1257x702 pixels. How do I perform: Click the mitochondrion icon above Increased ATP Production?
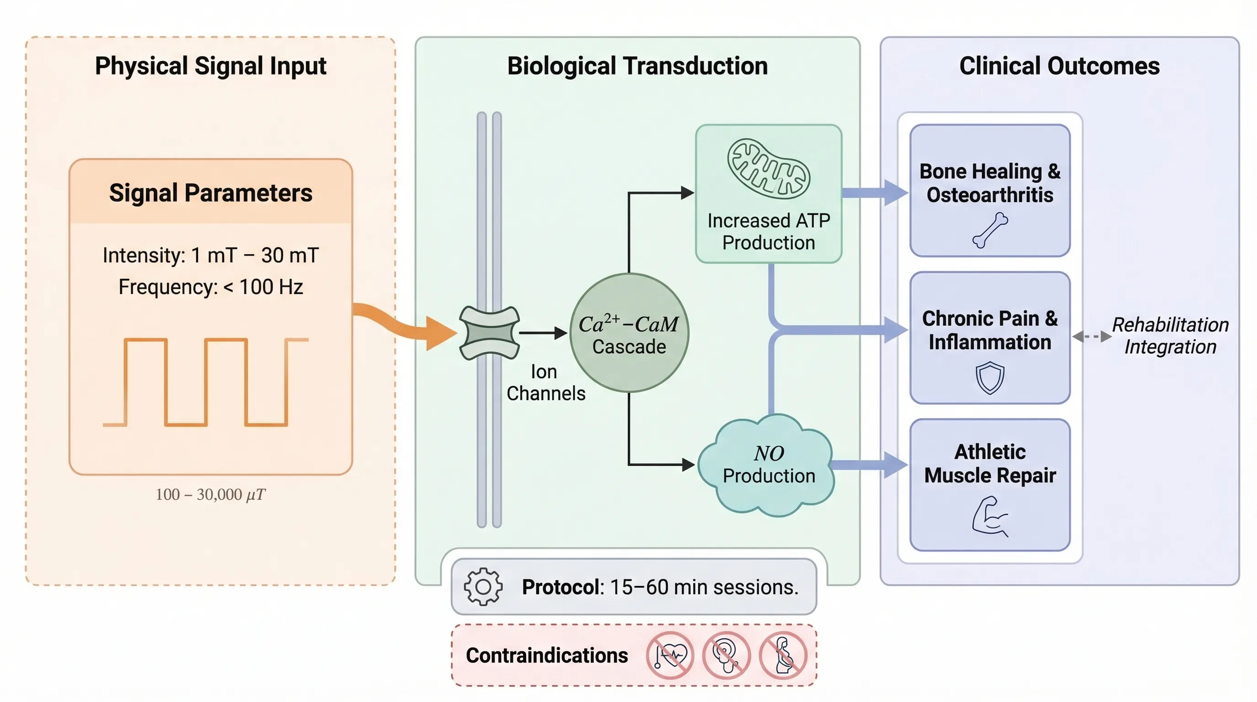pyautogui.click(x=768, y=169)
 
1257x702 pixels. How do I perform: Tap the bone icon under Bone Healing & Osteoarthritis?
pyautogui.click(x=990, y=230)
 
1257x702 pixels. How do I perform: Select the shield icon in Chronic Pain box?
pyautogui.click(x=990, y=378)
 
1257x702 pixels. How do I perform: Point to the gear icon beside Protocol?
pyautogui.click(x=483, y=587)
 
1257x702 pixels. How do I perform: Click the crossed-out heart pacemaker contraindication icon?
pyautogui.click(x=670, y=655)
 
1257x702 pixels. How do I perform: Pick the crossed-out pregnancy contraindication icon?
pyautogui.click(x=783, y=655)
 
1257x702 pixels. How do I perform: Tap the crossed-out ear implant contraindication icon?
pyautogui.click(x=726, y=655)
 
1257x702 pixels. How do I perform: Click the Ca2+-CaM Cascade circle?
pyautogui.click(x=629, y=333)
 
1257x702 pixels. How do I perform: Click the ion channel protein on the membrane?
pyautogui.click(x=490, y=333)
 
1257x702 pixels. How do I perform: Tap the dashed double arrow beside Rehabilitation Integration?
pyautogui.click(x=1092, y=336)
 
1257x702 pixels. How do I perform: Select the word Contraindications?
pyautogui.click(x=547, y=655)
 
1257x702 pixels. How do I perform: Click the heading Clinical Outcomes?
pyautogui.click(x=1059, y=66)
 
